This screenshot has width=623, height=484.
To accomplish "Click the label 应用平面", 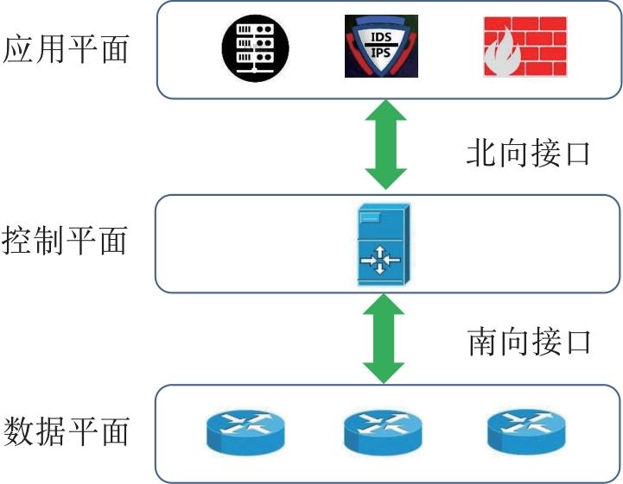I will pyautogui.click(x=67, y=49).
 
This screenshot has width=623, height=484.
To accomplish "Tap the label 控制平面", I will pyautogui.click(x=67, y=241).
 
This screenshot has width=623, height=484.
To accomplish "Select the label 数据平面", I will pyautogui.click(x=67, y=431).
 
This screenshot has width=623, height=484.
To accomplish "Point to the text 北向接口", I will pyautogui.click(x=528, y=153).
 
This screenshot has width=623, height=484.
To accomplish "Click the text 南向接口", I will pyautogui.click(x=528, y=342).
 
